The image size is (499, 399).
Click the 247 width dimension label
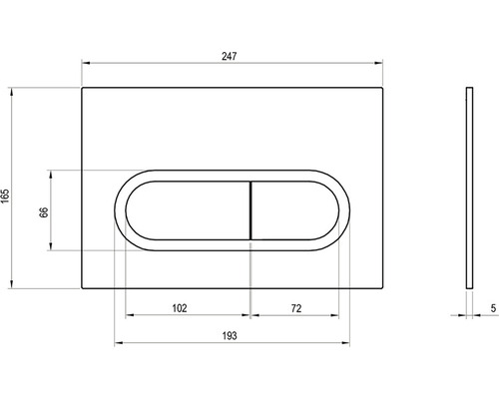(230, 56)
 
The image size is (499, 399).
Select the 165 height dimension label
(5, 197)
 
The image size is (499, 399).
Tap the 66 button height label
(44, 212)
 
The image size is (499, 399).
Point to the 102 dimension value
(180, 308)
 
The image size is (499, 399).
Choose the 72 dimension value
(296, 308)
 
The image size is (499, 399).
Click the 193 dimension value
(230, 336)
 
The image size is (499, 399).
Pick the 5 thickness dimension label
(493, 308)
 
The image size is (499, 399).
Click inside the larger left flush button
(188, 210)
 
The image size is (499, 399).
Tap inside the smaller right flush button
(294, 210)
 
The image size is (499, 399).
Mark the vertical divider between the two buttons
(250, 210)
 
